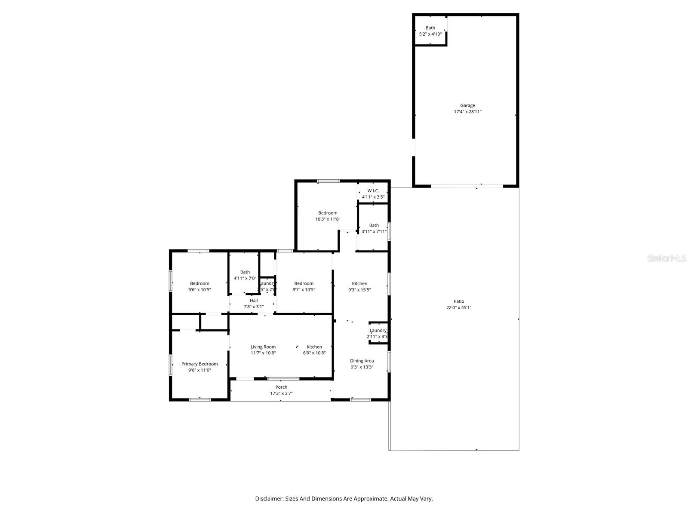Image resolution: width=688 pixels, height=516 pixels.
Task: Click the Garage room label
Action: [467, 105]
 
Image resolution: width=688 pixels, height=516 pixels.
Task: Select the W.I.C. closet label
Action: [373, 191]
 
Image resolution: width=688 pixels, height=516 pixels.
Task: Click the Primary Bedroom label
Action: [200, 364]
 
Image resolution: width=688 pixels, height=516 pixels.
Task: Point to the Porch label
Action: [281, 387]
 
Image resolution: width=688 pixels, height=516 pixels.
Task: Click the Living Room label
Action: [263, 347]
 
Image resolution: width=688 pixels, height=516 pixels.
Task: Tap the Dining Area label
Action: [362, 361]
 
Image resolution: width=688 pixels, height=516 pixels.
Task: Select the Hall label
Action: [254, 300]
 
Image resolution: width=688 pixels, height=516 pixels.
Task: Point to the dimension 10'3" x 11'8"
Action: [328, 219]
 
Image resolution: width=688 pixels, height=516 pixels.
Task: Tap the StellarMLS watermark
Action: [667, 258]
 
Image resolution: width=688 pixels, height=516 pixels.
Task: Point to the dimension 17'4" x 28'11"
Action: [467, 112]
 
